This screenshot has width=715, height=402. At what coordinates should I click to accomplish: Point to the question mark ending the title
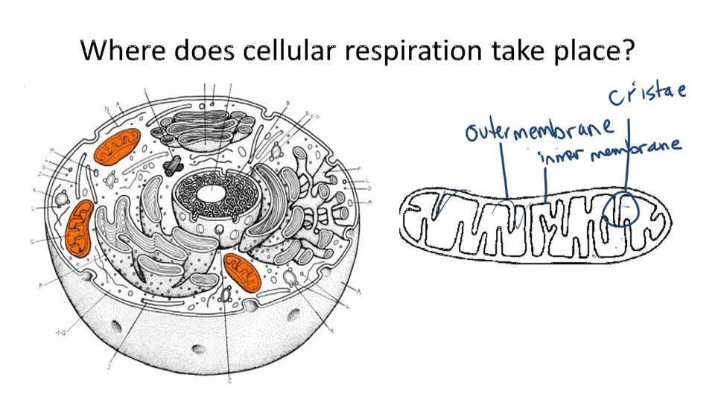[x=628, y=51]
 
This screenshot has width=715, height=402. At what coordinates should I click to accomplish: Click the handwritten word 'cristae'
[x=646, y=95]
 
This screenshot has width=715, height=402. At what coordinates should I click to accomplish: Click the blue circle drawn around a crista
[x=621, y=208]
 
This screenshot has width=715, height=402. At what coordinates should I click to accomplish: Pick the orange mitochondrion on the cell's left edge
[x=79, y=224]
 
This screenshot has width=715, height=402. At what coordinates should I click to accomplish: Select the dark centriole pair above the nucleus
[x=174, y=159]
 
